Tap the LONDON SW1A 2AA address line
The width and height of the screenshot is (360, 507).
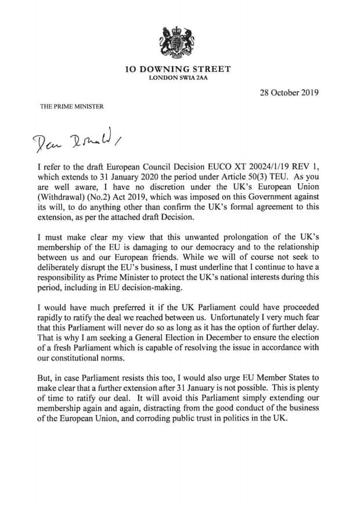click(x=178, y=78)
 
